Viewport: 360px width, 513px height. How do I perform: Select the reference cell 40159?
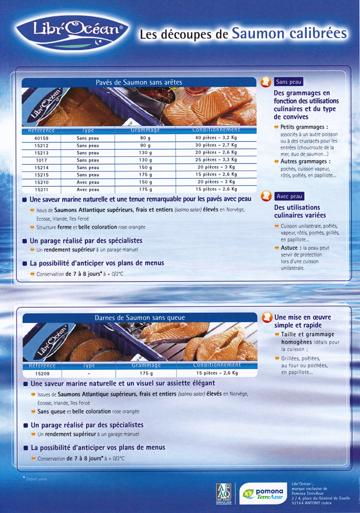tap(42, 138)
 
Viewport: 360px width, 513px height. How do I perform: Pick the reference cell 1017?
tap(42, 160)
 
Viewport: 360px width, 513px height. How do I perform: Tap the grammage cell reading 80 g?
tap(146, 138)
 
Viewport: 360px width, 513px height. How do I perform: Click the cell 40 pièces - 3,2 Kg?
tap(216, 138)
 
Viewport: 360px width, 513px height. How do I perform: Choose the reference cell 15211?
tap(42, 189)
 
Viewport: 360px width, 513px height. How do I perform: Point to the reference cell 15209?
tap(42, 373)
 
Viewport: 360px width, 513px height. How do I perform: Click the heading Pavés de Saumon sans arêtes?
tap(138, 82)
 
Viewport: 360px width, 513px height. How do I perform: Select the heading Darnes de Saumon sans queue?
tap(139, 318)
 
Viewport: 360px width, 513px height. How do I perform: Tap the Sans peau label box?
tap(289, 82)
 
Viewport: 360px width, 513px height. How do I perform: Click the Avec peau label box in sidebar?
tap(289, 196)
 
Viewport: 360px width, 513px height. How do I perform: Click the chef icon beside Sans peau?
tap(266, 82)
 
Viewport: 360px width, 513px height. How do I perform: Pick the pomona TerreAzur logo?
tap(259, 495)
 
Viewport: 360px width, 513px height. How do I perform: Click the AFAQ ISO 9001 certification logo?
tap(225, 494)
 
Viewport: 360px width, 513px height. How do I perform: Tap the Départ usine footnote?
tap(36, 479)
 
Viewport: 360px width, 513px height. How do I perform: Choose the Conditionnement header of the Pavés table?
tap(216, 130)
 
